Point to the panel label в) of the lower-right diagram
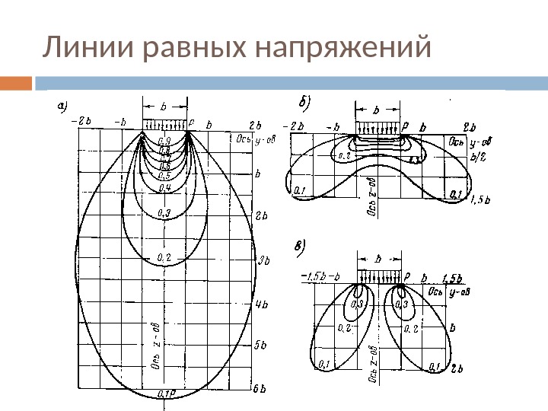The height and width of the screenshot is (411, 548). (301, 245)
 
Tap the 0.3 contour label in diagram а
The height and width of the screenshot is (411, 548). (164, 212)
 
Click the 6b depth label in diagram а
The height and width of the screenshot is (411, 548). (259, 388)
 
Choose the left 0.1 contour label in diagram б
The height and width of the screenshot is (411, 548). (298, 190)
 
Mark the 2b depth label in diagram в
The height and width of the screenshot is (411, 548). (458, 369)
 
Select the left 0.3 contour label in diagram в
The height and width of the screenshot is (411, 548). (355, 304)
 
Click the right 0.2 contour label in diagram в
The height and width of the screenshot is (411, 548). (412, 328)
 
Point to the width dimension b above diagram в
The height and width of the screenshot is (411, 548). (378, 259)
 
